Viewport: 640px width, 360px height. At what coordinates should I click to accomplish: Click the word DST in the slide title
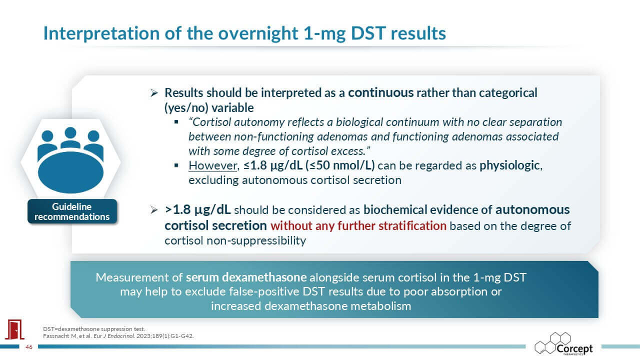point(368,33)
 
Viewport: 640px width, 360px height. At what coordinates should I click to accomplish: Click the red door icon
point(14,329)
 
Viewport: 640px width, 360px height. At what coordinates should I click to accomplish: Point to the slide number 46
point(29,347)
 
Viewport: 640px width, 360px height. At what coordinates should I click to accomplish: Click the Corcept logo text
point(574,348)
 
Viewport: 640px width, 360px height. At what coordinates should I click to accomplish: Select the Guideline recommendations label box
point(72,211)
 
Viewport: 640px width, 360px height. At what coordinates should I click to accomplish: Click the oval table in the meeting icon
point(70,172)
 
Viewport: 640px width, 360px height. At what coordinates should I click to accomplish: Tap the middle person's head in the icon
point(70,133)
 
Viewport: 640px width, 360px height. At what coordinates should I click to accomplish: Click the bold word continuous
point(380,93)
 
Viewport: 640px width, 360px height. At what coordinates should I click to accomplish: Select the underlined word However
point(213,165)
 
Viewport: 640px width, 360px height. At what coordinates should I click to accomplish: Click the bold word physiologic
point(509,166)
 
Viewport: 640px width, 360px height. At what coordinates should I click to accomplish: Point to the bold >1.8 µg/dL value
point(197,210)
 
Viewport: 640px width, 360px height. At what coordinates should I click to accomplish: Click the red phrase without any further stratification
point(358,226)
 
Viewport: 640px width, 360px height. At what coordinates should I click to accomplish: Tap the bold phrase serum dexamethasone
point(246,277)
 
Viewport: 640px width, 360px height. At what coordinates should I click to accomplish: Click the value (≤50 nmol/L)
point(340,165)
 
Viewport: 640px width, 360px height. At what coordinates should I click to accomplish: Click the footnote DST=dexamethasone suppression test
point(94,329)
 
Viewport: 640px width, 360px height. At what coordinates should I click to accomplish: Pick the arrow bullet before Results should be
point(154,93)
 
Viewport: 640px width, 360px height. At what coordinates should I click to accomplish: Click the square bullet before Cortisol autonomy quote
point(176,122)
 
